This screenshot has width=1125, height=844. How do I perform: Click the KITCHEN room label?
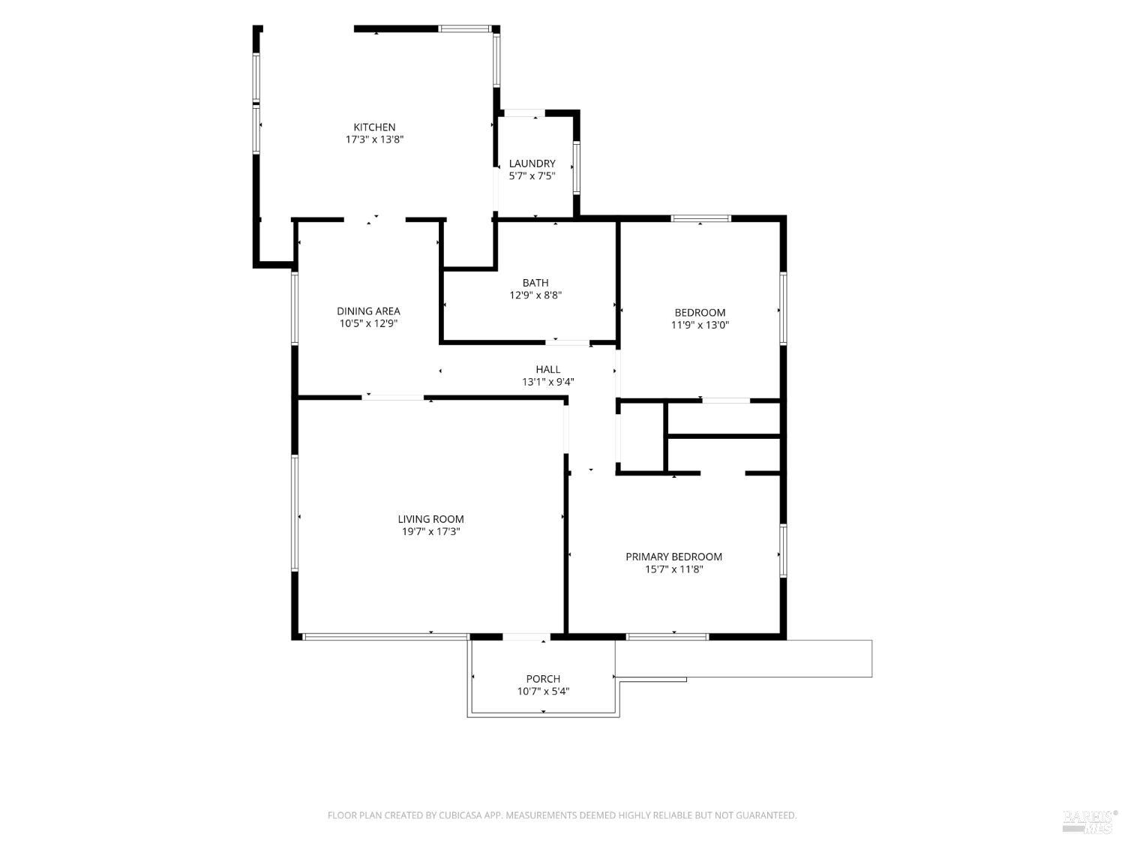pos(374,127)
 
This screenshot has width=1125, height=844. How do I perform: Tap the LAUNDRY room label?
pos(532,164)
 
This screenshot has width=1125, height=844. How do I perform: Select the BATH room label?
pos(535,283)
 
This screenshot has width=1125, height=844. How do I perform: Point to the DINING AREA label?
pos(368,311)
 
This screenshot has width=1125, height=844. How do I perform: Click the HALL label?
pos(548,369)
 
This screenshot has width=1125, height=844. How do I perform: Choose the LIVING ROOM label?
pos(430,519)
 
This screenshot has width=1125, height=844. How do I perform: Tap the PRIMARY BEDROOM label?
pos(674,557)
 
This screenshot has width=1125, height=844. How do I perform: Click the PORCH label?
pos(543,678)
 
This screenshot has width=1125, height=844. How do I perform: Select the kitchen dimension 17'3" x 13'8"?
pos(375,140)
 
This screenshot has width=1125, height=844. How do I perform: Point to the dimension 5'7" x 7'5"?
pos(532,176)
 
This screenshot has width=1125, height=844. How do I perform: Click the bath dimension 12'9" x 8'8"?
pos(535,295)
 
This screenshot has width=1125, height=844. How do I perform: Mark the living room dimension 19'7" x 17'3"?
pos(430,531)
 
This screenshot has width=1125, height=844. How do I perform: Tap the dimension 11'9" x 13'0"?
pos(700,325)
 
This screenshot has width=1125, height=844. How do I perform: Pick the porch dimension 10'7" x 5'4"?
pos(543,691)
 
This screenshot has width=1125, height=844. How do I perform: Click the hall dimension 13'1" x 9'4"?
pos(548,382)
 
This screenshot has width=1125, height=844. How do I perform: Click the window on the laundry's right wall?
pos(577,168)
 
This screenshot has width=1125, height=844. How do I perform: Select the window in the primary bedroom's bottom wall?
pos(667,636)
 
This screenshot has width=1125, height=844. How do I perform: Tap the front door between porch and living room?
pos(526,636)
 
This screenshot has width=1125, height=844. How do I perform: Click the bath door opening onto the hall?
pos(567,342)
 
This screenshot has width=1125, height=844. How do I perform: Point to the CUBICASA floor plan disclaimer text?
pos(562,815)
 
